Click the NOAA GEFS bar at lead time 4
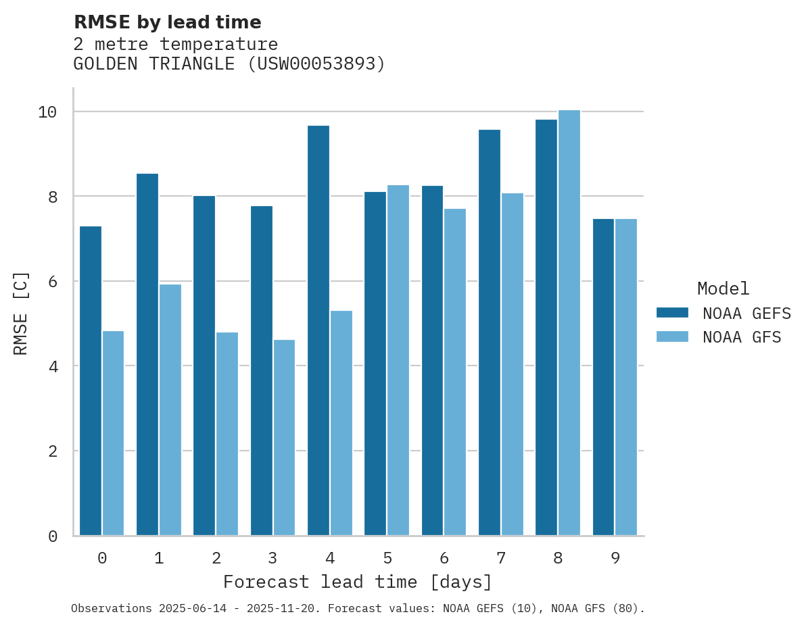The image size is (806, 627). coord(318,330)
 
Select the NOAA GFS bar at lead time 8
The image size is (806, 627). coord(569,322)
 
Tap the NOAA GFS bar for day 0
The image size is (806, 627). coord(113,433)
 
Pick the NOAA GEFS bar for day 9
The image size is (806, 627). coord(603,377)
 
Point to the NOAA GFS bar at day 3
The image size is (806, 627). coord(284,437)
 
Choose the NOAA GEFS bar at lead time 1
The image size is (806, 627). coord(147,355)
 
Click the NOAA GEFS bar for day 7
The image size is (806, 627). coord(489,332)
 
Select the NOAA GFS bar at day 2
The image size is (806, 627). coord(227,434)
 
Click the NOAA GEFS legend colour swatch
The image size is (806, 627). coord(672,313)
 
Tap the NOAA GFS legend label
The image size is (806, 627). coord(742,337)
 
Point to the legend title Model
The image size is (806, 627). coord(723,289)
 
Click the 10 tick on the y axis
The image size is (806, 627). coord(47,111)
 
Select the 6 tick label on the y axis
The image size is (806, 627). coord(52,281)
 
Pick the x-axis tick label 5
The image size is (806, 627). coord(387,558)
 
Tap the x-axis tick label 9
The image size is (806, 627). coord(615,558)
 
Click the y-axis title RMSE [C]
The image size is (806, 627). coord(21,313)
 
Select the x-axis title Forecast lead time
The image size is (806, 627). coord(358,582)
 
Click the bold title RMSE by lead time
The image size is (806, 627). coord(167,22)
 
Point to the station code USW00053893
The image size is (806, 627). coord(315,64)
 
